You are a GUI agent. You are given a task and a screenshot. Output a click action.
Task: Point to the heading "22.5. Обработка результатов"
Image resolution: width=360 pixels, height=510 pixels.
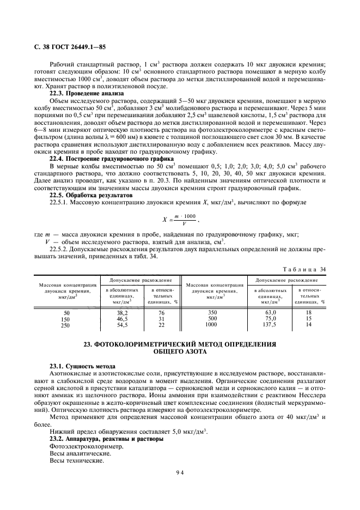[83, 195]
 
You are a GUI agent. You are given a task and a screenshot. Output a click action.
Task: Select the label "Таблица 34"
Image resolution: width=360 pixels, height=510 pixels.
[304, 269]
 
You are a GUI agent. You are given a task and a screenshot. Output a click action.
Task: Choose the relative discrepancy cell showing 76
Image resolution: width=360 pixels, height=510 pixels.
[161, 312]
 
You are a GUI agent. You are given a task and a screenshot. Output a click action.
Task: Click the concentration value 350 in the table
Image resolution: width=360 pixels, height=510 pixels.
[212, 312]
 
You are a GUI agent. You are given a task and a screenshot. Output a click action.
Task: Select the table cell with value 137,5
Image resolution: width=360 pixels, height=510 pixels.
[271, 325]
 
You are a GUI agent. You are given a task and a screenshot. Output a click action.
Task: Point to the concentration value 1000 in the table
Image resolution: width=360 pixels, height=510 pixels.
[212, 325]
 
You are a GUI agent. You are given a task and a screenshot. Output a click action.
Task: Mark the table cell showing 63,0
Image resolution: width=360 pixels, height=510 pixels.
[271, 312]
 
